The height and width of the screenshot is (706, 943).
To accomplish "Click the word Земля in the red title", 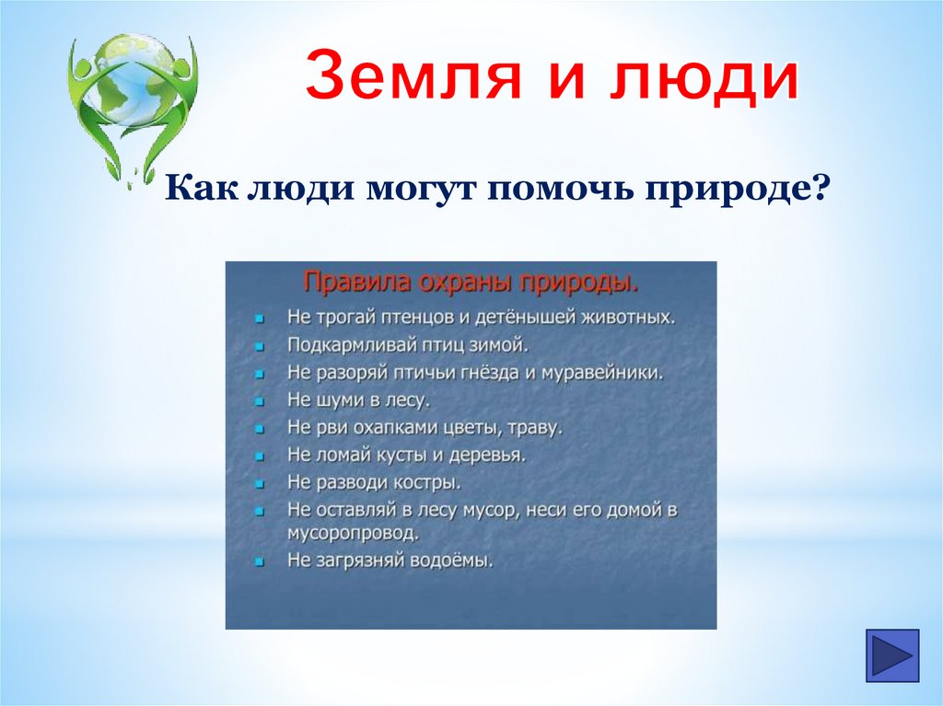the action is pos(413,75).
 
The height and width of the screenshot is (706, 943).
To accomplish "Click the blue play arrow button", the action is pos(892,655).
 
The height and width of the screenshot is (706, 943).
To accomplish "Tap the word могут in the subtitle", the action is pos(420,188).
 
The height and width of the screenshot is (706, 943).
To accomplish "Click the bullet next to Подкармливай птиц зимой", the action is pos(260,347).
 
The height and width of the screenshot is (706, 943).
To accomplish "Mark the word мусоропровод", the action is pos(353,534).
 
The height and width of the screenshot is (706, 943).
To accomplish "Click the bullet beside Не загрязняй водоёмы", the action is pos(260,562).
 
